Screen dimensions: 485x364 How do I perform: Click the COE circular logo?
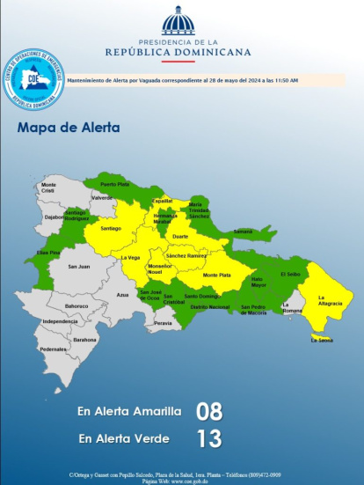[34, 79]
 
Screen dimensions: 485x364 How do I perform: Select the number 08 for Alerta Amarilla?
[209, 411]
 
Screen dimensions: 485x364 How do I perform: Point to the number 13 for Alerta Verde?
[209, 437]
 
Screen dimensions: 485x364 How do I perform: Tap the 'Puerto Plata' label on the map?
[114, 184]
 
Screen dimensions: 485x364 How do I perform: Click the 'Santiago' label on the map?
[111, 228]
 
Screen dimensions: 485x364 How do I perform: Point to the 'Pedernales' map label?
[53, 349]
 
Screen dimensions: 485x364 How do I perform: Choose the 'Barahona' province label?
[85, 340]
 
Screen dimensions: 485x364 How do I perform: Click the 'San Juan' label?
[78, 266]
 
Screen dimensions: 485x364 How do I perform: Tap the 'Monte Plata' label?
[216, 276]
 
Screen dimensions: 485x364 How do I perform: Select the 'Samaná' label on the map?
[243, 231]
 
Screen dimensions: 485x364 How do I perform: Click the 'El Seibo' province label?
[290, 274]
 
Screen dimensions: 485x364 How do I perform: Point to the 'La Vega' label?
[130, 257]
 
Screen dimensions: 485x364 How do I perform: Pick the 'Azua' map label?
[122, 295]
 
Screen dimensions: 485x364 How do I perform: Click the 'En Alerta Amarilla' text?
[128, 411]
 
